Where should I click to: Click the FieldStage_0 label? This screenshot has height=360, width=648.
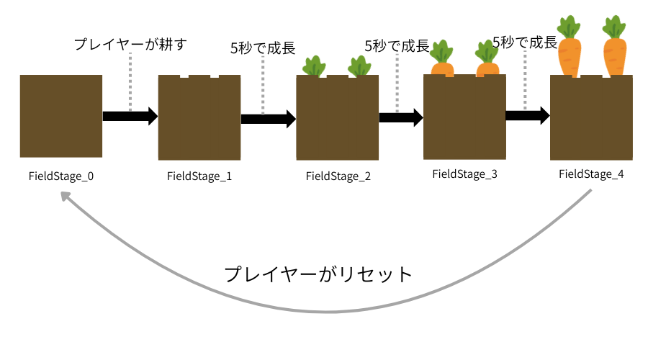point(61,175)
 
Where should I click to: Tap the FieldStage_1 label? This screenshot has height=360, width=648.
point(199,175)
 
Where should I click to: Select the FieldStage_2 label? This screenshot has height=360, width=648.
point(338,176)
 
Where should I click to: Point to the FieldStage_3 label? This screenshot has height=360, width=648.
point(464,174)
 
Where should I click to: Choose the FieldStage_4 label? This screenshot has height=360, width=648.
point(591,174)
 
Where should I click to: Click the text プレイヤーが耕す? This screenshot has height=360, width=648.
point(130,45)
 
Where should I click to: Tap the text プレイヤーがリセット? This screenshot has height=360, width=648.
point(318,274)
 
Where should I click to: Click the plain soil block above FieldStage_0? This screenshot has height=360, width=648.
point(61,116)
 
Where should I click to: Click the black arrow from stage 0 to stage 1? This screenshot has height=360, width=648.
point(130,116)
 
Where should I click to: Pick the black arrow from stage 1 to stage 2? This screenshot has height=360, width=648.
point(268,119)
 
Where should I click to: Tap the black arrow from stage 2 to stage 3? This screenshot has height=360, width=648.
point(400,117)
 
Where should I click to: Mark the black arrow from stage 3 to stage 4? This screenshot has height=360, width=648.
point(527,116)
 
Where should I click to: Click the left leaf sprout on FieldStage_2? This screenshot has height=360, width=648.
point(313,66)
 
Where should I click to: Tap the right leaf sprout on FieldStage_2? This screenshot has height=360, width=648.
point(359,66)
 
